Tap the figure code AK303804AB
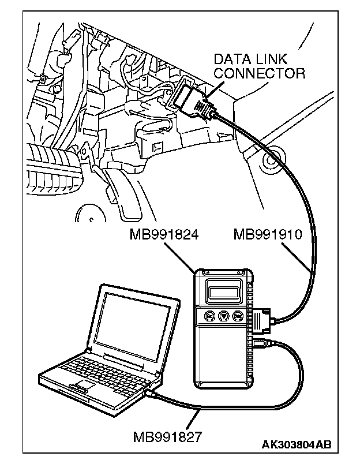[297, 444]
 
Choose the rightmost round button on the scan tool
[238, 316]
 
